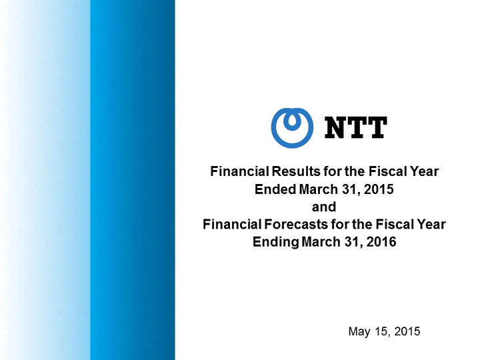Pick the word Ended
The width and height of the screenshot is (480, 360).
pos(275,189)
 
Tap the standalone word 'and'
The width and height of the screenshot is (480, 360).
pos(324,207)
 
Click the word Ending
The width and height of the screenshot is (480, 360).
pos(275,242)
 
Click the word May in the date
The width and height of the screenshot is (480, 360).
pos(359,331)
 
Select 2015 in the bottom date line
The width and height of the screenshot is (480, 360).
pos(407,331)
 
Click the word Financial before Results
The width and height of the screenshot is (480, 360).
pos(239,171)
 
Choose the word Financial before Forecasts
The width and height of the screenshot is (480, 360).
pos(232,225)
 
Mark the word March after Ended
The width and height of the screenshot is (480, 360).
pos(319,189)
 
